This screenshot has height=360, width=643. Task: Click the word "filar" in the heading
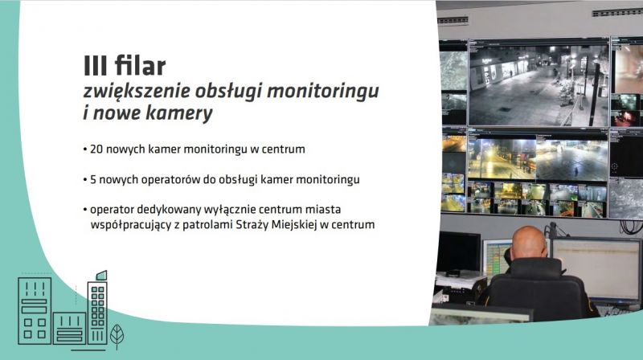140,66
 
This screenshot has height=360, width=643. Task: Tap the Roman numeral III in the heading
96,66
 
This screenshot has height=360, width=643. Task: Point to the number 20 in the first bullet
96,149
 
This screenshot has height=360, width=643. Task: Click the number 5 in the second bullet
93,179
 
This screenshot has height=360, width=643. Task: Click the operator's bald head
530,243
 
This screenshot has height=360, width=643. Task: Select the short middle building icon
69,329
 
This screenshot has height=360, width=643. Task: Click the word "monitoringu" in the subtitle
322,92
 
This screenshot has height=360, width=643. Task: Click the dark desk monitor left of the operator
459,252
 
